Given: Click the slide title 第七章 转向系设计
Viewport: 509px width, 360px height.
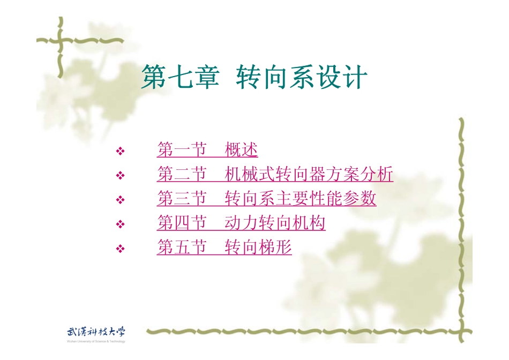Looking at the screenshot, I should click(x=254, y=78).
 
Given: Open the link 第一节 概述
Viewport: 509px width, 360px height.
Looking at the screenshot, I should click(x=207, y=150).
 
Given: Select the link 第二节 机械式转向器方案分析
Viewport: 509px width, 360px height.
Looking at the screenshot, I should click(x=275, y=175).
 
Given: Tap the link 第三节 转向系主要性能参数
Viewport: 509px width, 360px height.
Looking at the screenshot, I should click(x=266, y=199).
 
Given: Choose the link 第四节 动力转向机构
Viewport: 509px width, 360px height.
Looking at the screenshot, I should click(x=241, y=223).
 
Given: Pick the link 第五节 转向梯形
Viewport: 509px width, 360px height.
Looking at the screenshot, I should click(x=224, y=247).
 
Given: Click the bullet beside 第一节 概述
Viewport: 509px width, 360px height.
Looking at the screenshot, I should click(x=121, y=152).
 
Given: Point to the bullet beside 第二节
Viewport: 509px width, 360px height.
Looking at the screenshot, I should click(x=121, y=176).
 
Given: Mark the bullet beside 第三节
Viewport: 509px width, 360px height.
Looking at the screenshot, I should click(x=121, y=200).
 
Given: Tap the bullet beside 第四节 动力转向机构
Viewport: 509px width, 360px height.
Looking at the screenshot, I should click(x=121, y=224).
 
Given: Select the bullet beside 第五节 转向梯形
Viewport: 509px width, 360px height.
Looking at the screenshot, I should click(x=121, y=249).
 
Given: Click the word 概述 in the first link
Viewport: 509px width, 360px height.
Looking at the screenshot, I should click(x=241, y=150).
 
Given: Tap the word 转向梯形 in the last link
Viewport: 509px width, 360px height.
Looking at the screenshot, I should click(x=258, y=247).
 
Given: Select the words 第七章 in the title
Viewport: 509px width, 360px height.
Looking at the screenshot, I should click(x=180, y=78).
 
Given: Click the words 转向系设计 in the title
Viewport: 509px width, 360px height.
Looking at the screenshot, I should click(x=302, y=78).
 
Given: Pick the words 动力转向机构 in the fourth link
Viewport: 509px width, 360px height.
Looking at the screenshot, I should click(x=275, y=223).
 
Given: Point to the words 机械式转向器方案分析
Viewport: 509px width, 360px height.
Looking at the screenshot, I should click(x=309, y=175).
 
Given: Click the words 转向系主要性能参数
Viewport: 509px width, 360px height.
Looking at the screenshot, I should click(x=301, y=199).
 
